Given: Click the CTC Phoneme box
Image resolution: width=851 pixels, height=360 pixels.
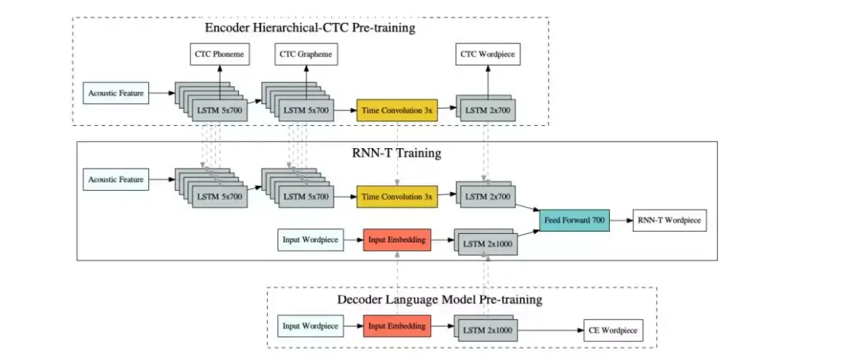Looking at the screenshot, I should point(219,54).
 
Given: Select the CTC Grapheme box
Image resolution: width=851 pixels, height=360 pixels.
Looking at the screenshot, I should point(304,54).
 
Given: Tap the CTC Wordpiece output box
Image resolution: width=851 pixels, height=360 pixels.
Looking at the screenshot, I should point(489,54).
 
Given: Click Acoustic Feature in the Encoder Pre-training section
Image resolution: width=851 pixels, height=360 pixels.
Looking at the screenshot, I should point(115,93).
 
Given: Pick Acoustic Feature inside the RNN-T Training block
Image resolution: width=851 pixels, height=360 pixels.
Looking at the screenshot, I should point(115,180).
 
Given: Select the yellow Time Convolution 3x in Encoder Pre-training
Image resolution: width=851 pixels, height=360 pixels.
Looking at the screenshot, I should point(397,110).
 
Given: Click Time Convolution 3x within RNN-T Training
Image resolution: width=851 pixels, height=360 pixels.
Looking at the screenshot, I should point(397,197).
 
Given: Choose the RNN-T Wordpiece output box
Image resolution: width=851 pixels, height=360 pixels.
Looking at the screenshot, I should point(670,221).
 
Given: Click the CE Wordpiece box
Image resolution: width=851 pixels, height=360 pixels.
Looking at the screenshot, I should point(612,331).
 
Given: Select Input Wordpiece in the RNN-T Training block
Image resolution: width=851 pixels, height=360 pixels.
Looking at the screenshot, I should point(310,239).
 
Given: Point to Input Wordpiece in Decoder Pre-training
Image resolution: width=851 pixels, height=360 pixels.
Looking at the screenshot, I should point(310,325).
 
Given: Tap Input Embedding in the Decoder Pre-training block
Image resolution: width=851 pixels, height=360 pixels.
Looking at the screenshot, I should point(397,325).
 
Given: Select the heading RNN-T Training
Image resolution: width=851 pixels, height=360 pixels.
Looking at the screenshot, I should point(396,153).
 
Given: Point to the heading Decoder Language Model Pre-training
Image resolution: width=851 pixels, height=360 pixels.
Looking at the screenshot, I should point(440,300).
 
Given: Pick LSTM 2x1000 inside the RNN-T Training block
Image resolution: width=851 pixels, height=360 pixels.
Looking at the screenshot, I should point(489,245).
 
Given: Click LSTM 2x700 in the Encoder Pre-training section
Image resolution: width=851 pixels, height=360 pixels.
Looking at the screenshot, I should point(489,111).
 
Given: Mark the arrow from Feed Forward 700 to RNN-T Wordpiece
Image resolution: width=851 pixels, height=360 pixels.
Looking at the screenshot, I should point(620,221).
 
